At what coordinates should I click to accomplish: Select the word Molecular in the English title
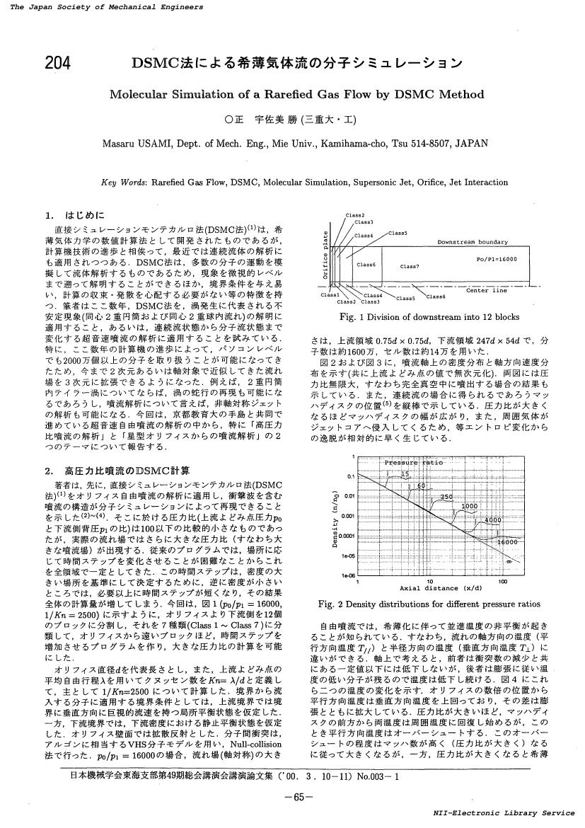click(141, 95)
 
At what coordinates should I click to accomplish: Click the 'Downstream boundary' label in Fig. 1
click(472, 242)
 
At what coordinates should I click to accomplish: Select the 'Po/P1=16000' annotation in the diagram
click(497, 259)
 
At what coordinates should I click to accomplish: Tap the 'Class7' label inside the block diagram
click(410, 267)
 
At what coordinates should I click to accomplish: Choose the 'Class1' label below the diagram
click(330, 294)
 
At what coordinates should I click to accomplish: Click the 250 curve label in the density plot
click(446, 498)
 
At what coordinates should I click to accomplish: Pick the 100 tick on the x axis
click(502, 582)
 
